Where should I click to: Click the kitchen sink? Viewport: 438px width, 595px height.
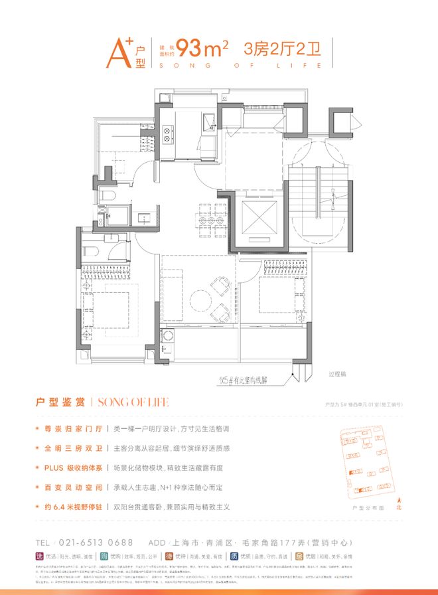[208, 120]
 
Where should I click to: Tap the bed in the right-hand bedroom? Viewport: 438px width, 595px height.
[279, 294]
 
